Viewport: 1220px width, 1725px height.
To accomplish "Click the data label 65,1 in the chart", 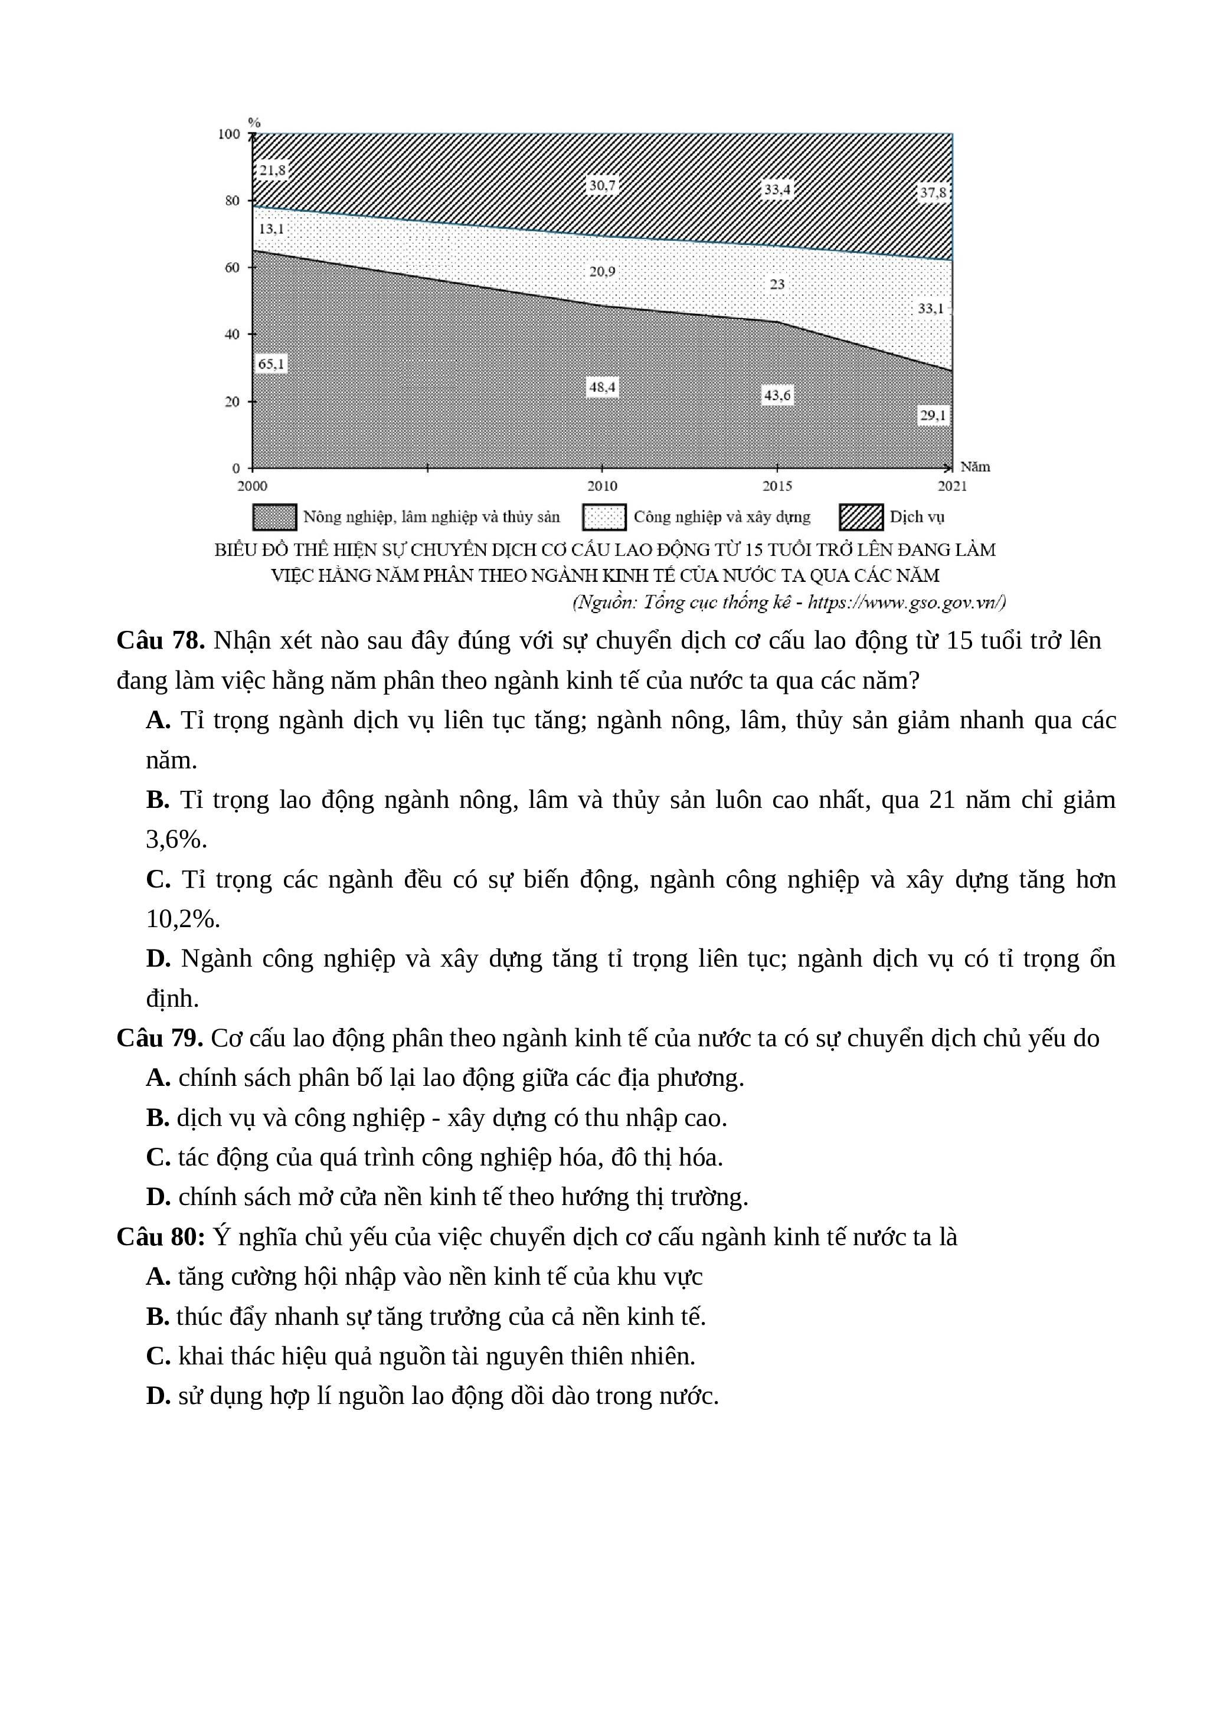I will click(x=271, y=364).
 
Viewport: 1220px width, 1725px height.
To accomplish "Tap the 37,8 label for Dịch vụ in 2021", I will click(x=933, y=192).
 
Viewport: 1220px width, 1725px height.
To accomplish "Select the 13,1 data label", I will click(x=271, y=229).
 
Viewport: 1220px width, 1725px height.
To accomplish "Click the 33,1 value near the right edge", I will click(x=931, y=308).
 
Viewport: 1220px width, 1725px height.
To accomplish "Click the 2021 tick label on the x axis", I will click(x=952, y=486).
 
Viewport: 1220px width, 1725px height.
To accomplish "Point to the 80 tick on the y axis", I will click(x=232, y=201).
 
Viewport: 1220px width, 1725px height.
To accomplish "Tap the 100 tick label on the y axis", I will click(x=229, y=135).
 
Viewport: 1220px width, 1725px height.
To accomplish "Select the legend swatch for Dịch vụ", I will click(x=861, y=518).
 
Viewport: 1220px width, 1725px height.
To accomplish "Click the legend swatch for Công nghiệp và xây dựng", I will click(x=604, y=518).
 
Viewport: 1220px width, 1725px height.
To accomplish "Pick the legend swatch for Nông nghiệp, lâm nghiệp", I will click(x=274, y=518).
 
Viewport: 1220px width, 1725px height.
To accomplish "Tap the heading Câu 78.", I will click(x=161, y=641).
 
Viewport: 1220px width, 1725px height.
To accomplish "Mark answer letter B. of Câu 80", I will click(x=158, y=1316).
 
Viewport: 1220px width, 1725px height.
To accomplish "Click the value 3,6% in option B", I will click(x=176, y=839).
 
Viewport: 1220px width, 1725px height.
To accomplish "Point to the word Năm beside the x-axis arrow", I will click(x=975, y=467).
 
